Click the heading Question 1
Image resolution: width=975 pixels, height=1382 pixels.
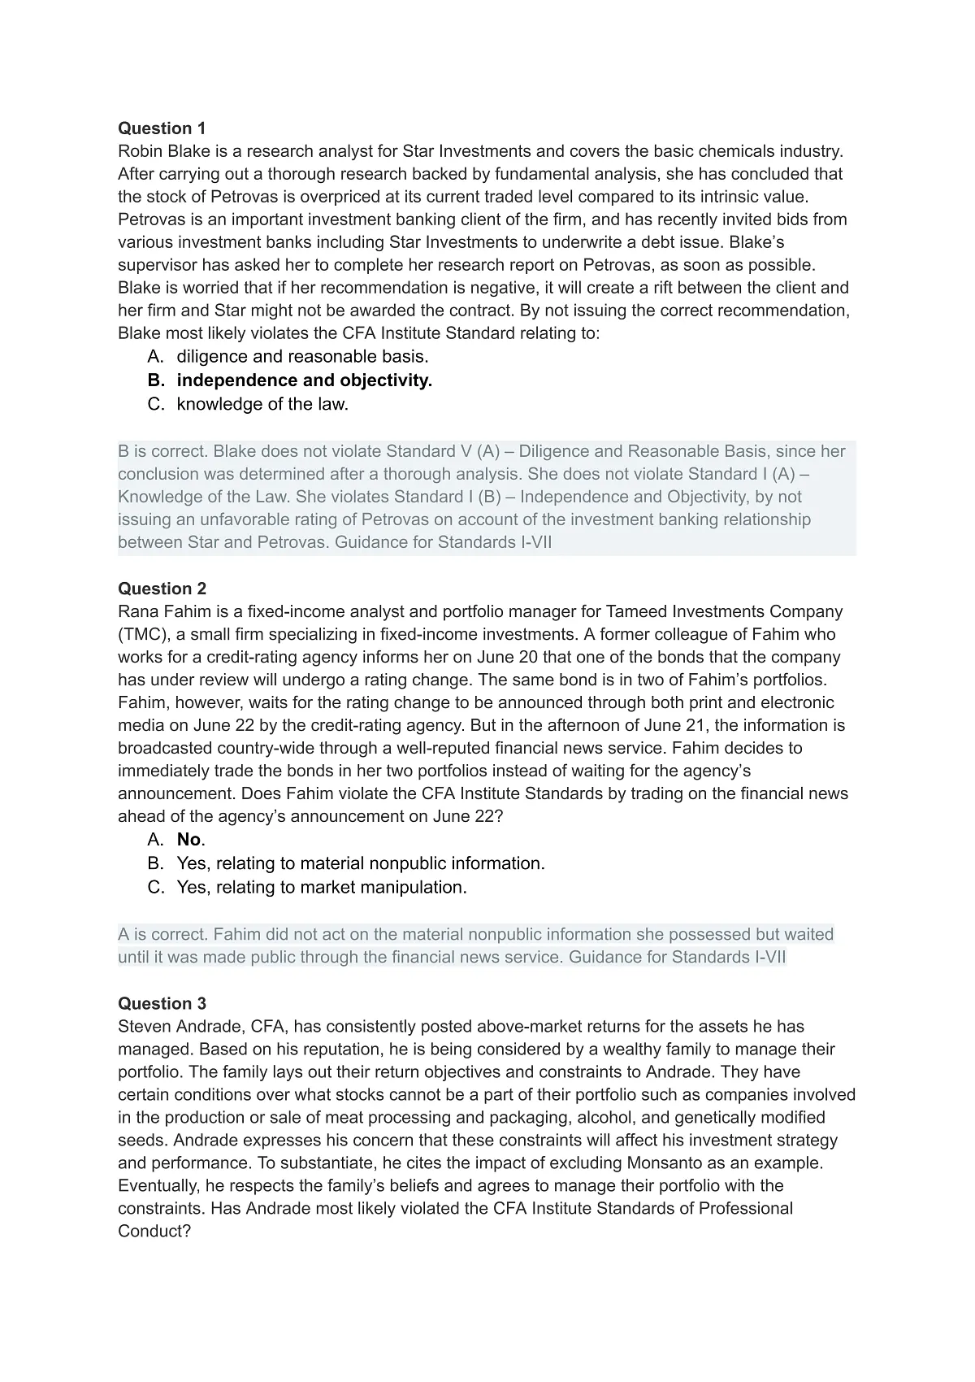click(x=162, y=128)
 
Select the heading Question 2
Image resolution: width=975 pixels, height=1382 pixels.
click(x=162, y=589)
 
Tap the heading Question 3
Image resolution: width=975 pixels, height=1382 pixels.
click(x=162, y=1003)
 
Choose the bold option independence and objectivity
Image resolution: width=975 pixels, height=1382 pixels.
click(x=304, y=380)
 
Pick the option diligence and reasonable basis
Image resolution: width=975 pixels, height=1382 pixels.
click(x=302, y=356)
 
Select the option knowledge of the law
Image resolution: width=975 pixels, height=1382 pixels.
click(x=262, y=404)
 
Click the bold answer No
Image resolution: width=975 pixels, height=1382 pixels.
click(x=188, y=840)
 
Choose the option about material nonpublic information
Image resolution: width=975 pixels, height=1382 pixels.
click(x=361, y=863)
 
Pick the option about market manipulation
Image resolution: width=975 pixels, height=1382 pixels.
click(x=322, y=887)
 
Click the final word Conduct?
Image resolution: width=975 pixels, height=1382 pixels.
click(x=154, y=1231)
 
